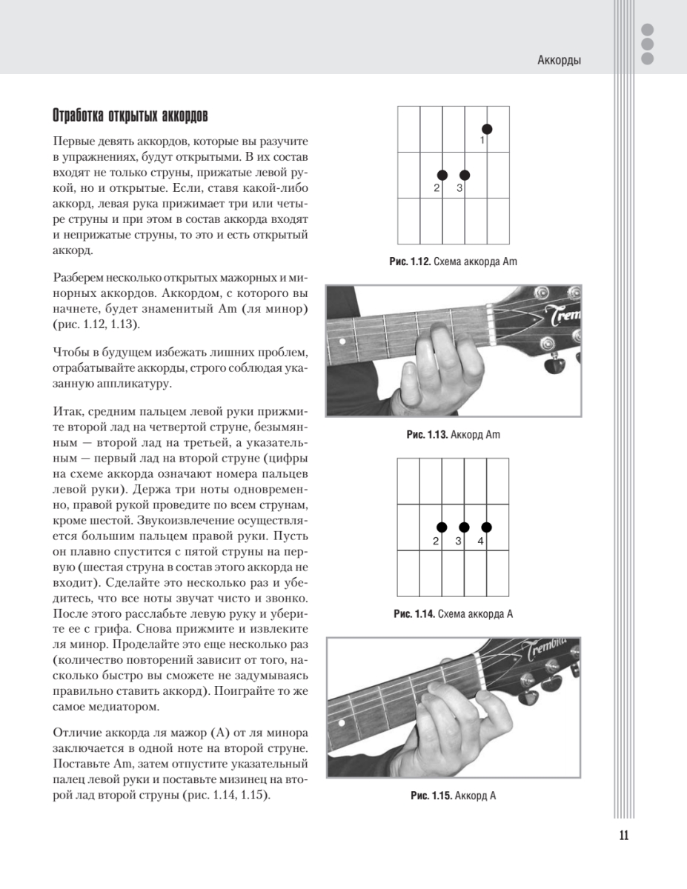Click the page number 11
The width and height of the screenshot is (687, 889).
click(x=623, y=836)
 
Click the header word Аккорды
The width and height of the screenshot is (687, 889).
click(x=559, y=61)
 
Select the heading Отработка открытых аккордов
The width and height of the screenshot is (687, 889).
click(x=130, y=116)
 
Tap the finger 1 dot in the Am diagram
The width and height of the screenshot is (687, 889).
click(x=486, y=129)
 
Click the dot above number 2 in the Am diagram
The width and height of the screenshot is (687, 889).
click(x=442, y=175)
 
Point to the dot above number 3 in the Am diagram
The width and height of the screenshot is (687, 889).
click(x=465, y=175)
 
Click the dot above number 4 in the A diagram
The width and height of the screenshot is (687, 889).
click(x=486, y=527)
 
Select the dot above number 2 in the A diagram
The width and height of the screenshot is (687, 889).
click(x=442, y=527)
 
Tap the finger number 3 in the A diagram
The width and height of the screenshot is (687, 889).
click(x=459, y=541)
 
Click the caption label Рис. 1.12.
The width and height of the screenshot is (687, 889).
click(x=405, y=262)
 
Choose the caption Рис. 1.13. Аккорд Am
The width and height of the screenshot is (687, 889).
click(x=454, y=434)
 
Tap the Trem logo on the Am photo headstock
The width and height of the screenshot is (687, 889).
click(x=562, y=313)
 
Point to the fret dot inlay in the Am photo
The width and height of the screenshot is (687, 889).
click(x=342, y=342)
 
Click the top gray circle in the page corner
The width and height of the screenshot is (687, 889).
click(x=647, y=30)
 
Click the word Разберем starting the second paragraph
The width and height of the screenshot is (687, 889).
click(x=79, y=276)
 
